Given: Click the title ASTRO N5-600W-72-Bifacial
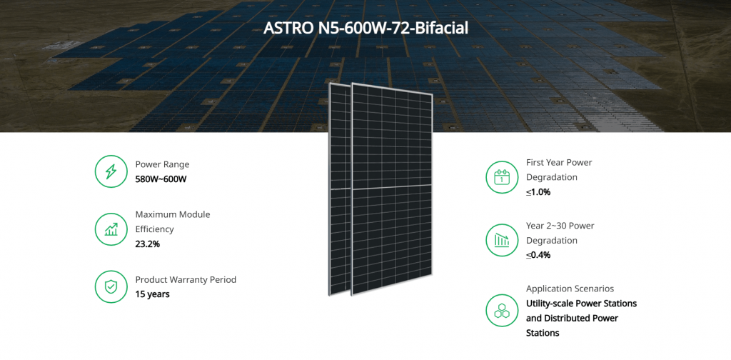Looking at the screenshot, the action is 365,29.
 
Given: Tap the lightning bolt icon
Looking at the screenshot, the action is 111,171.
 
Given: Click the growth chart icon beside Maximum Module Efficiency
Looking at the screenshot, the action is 111,229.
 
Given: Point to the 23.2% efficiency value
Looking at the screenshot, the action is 147,244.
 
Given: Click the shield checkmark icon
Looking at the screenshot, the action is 111,287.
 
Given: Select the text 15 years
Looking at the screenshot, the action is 153,295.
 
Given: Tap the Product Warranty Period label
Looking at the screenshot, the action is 186,280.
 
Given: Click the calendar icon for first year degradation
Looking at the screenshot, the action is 502,177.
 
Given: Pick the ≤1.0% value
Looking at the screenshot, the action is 538,191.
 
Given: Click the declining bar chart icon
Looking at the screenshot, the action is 502,240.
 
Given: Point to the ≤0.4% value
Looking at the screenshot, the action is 538,255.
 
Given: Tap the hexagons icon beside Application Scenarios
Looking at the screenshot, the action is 502,310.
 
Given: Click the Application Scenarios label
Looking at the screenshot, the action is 570,289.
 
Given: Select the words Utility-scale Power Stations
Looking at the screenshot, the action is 581,304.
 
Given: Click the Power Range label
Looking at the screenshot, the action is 162,164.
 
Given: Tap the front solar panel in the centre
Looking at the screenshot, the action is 392,189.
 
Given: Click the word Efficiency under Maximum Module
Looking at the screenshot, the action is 154,229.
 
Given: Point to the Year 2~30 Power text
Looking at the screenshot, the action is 560,226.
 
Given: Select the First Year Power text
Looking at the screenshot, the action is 559,163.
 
